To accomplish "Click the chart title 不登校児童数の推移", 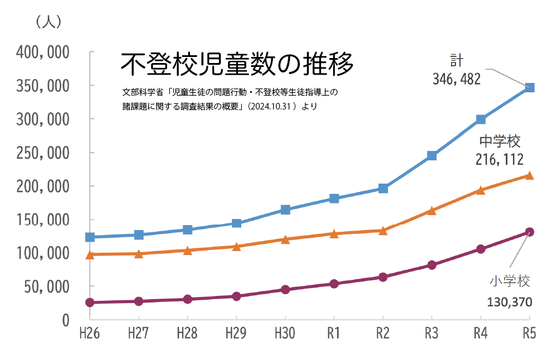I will click(236, 65).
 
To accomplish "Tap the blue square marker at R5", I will click(529, 87).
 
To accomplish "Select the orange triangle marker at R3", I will click(432, 211).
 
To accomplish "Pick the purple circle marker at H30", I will click(285, 289).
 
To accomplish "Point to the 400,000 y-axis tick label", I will click(43, 53).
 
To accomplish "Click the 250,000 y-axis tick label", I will click(43, 153).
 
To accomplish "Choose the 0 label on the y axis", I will click(65, 320).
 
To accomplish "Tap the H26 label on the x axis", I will click(90, 334).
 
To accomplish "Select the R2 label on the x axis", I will click(382, 334).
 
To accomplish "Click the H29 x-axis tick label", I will click(236, 334).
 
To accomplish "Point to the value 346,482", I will click(457, 79).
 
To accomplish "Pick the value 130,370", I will click(510, 302).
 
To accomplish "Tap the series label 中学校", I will click(500, 142).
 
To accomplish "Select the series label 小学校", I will click(510, 281).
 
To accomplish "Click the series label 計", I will click(457, 60).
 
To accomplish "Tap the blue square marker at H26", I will click(90, 237).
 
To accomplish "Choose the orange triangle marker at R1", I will click(334, 233).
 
